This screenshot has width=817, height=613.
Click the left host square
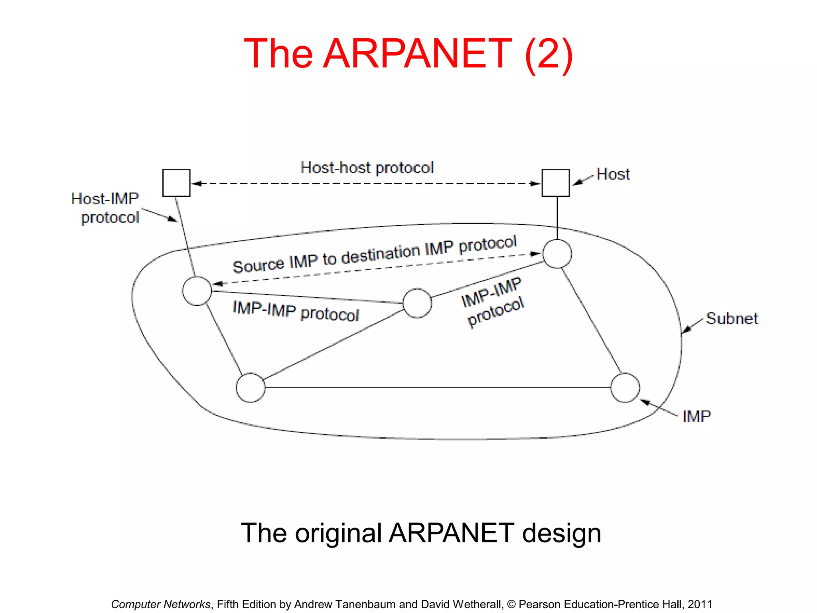click(x=176, y=183)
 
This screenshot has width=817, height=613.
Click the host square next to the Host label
click(x=555, y=183)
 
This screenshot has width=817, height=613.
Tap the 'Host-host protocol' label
click(x=367, y=168)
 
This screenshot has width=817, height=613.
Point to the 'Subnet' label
click(x=732, y=318)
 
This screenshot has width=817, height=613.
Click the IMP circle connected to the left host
click(x=197, y=291)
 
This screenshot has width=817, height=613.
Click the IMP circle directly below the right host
click(x=557, y=254)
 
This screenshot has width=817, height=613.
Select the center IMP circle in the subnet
click(x=417, y=303)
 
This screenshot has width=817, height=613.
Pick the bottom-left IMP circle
click(x=250, y=388)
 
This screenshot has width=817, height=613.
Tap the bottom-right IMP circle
click(x=625, y=388)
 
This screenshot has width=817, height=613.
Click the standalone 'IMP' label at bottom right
click(x=697, y=417)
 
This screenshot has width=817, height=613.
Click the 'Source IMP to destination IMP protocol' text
click(x=374, y=255)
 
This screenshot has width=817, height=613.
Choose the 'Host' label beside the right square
click(x=613, y=174)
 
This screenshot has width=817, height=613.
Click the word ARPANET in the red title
click(x=417, y=53)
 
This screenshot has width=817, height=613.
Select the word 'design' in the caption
click(x=561, y=533)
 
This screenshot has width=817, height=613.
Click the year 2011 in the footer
click(x=700, y=604)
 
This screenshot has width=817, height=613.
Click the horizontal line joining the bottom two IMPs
click(x=437, y=387)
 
